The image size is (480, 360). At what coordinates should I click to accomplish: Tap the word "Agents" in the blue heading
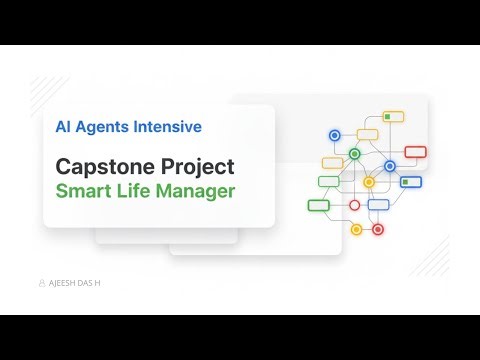(x=103, y=127)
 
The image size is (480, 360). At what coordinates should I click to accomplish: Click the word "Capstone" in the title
(x=107, y=165)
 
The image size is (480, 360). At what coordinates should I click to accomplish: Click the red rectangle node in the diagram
(x=415, y=152)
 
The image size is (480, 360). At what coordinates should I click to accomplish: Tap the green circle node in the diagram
(x=354, y=154)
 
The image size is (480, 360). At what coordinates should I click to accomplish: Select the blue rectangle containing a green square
(x=410, y=182)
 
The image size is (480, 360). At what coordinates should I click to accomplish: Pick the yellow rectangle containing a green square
(x=393, y=117)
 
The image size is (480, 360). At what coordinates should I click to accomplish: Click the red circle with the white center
(x=354, y=205)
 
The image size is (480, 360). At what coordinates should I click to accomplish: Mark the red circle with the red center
(x=377, y=229)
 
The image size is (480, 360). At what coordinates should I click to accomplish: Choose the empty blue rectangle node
(x=378, y=205)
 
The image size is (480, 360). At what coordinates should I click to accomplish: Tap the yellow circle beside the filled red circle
(x=356, y=229)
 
